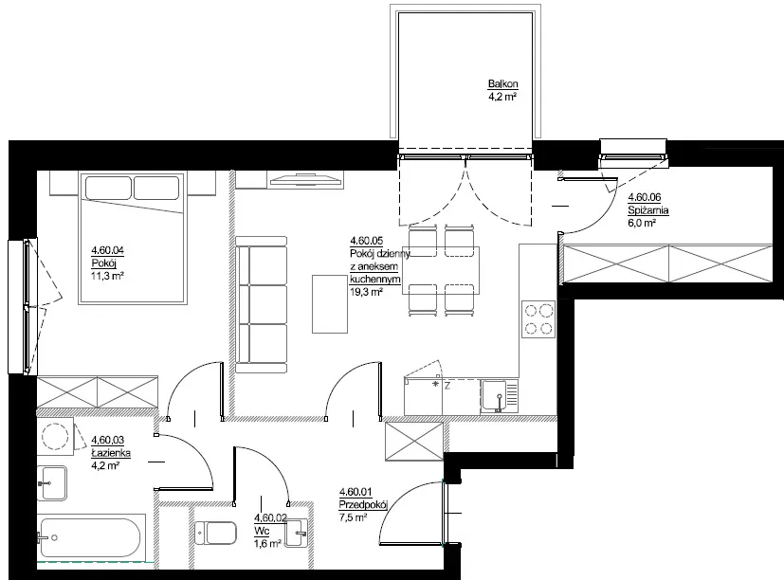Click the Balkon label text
click(x=503, y=84)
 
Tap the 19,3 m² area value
click(x=367, y=292)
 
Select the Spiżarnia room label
click(x=648, y=210)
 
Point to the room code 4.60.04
click(x=107, y=250)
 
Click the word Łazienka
click(x=111, y=453)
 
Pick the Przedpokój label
click(x=363, y=504)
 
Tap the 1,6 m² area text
click(x=267, y=543)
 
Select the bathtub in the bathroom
click(x=91, y=538)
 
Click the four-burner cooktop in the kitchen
click(x=538, y=319)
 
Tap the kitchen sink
click(x=499, y=396)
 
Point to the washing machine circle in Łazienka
click(x=55, y=436)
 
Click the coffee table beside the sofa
click(x=330, y=303)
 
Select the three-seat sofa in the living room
click(x=261, y=305)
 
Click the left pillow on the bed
click(x=108, y=188)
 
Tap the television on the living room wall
click(x=305, y=179)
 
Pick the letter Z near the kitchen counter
click(x=447, y=386)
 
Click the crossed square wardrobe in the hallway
click(x=414, y=442)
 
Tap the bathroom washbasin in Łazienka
click(x=52, y=483)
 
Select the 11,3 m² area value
click(x=107, y=276)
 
